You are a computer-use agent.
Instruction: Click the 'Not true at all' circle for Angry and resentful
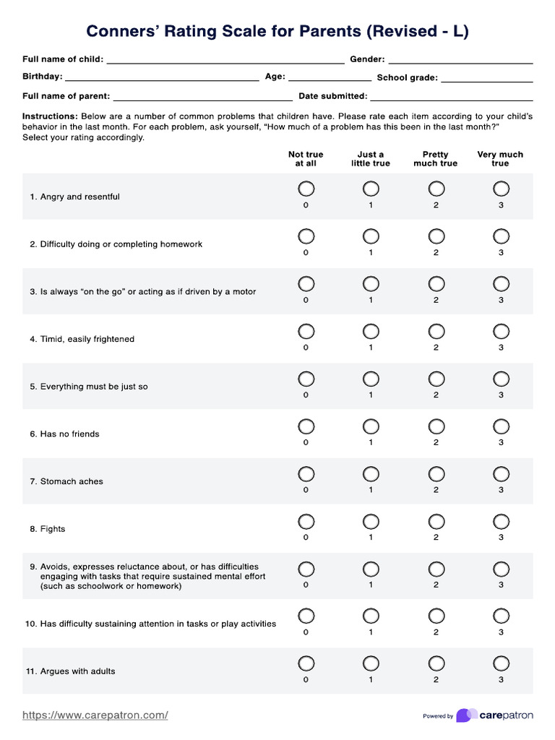(x=306, y=189)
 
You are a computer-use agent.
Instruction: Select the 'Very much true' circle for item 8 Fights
(x=501, y=521)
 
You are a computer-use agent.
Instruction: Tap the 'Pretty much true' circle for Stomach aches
(x=436, y=473)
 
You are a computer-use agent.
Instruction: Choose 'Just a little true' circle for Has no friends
(x=371, y=426)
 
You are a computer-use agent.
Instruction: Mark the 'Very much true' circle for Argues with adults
(x=501, y=663)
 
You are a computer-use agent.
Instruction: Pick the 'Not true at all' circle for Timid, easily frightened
(x=306, y=331)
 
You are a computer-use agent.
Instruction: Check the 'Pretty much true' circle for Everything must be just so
(x=436, y=379)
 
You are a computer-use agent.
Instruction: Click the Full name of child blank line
(x=225, y=61)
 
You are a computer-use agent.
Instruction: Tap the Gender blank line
(x=460, y=61)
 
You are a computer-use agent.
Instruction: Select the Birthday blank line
(x=162, y=78)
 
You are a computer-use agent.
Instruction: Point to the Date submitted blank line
(x=451, y=98)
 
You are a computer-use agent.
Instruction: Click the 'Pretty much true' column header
(x=436, y=159)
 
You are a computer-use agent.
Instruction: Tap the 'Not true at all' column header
(x=306, y=159)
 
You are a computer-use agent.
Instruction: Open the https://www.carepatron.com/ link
(x=95, y=715)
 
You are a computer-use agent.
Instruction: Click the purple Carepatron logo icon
(x=466, y=715)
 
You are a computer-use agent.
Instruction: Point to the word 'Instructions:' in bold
(x=50, y=116)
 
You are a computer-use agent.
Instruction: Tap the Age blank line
(x=329, y=78)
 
